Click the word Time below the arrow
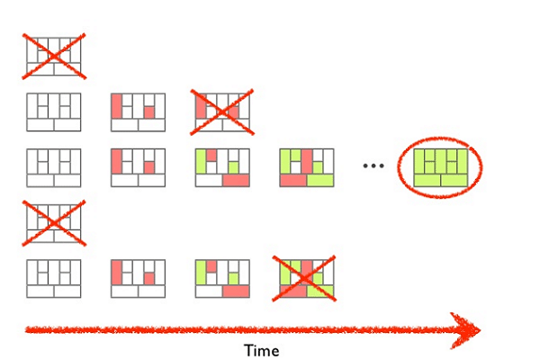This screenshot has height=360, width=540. pyautogui.click(x=262, y=351)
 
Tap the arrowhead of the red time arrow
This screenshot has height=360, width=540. pyautogui.click(x=466, y=328)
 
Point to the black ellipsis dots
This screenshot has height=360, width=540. pyautogui.click(x=373, y=166)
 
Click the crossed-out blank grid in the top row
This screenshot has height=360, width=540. pyautogui.click(x=54, y=55)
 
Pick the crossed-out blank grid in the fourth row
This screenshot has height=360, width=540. pyautogui.click(x=54, y=221)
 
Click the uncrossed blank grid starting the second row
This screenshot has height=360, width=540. pyautogui.click(x=54, y=112)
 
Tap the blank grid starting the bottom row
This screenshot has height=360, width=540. pyautogui.click(x=54, y=279)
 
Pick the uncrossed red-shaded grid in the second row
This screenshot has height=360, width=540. pyautogui.click(x=138, y=112)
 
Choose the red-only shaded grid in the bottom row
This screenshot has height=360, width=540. pyautogui.click(x=138, y=279)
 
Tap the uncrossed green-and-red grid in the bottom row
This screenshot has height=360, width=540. pyautogui.click(x=221, y=279)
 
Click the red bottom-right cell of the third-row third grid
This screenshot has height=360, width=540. pyautogui.click(x=235, y=180)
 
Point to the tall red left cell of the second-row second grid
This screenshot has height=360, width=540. pyautogui.click(x=117, y=106)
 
